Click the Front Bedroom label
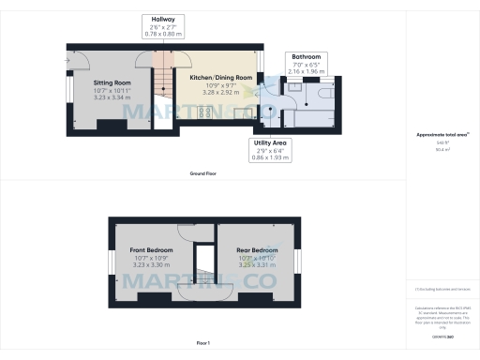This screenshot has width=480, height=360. point(151,251)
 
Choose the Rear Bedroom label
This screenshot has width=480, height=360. point(257,251)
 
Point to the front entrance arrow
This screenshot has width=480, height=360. point(69,61)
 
